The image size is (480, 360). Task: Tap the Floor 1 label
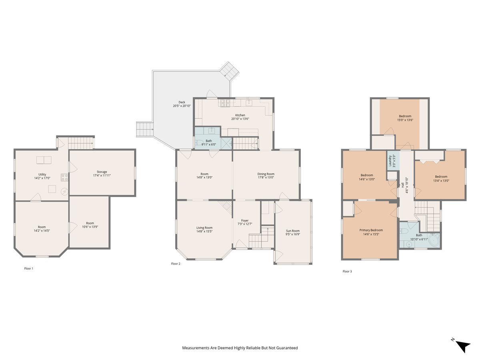tap(29, 268)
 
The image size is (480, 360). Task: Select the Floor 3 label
tap(347, 271)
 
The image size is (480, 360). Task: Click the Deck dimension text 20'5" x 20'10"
tap(182, 106)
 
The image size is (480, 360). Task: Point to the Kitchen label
tap(240, 115)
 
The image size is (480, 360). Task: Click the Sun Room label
tap(293, 231)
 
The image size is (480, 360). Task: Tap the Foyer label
tap(244, 220)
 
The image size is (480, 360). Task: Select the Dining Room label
tap(266, 174)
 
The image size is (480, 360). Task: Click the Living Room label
tap(204, 228)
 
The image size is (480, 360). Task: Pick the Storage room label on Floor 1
tap(102, 172)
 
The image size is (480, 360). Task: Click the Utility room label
tap(42, 174)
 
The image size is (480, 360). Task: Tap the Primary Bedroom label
tap(371, 230)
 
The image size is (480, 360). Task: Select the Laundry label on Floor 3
tap(390, 160)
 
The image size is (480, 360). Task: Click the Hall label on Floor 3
tap(402, 185)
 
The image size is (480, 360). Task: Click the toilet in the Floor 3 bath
tap(404, 232)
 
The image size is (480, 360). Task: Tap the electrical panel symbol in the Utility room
tap(64, 192)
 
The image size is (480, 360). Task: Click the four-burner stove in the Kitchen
tap(224, 103)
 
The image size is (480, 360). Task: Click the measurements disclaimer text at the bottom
tap(240, 348)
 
